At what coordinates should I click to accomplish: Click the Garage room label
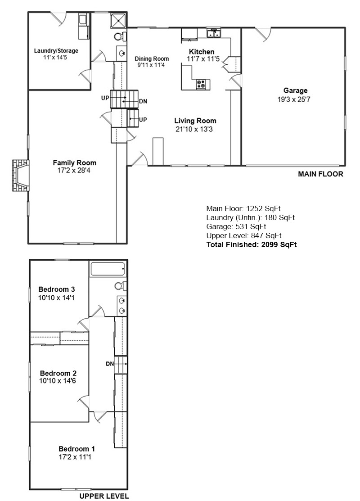tap(295, 90)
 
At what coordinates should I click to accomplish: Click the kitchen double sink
tap(213, 33)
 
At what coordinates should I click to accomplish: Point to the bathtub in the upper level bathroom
tap(108, 269)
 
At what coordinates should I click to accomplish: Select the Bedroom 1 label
tap(76, 449)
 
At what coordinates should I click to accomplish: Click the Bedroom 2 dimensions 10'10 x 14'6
tap(58, 381)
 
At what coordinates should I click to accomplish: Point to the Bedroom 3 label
tap(56, 289)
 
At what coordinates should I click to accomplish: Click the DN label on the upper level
tap(109, 364)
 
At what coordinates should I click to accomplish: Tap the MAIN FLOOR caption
tap(320, 174)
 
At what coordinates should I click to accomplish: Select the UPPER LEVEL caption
tap(104, 496)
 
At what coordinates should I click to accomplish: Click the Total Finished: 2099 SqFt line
tap(251, 245)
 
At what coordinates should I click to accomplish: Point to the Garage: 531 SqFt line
tap(236, 226)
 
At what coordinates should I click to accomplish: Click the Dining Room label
tap(152, 59)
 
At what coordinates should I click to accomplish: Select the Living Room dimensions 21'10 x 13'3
tap(195, 129)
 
